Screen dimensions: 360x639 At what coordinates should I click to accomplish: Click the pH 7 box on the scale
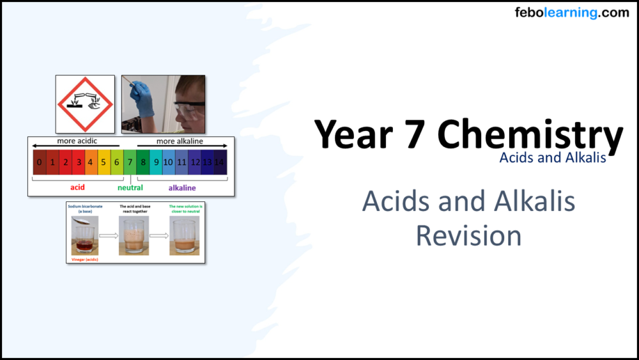130,162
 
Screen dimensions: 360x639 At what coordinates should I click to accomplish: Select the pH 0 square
40,162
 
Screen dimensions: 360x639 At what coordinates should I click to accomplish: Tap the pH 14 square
220,162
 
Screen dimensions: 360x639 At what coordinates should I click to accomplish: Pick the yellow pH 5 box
104,162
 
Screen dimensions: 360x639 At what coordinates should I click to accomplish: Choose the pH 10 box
168,162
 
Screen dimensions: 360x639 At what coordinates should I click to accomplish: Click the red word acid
77,188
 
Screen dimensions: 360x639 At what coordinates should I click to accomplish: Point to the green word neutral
130,188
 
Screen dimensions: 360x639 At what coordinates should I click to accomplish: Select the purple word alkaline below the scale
182,188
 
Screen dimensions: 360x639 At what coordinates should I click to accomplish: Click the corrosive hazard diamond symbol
85,104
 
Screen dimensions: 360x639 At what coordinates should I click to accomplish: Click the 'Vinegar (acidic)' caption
84,260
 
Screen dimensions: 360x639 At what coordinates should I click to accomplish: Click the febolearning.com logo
571,13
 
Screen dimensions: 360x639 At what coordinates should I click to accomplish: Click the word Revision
468,235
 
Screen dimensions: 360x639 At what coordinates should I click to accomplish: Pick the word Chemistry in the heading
530,136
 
